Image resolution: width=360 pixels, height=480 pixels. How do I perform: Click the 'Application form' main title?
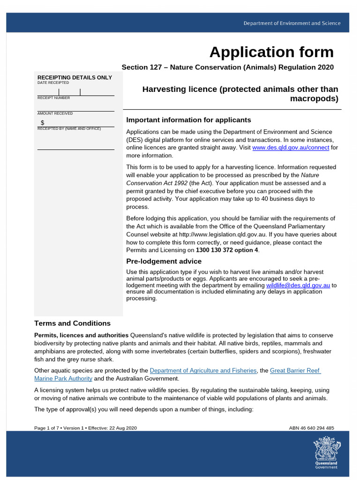271,52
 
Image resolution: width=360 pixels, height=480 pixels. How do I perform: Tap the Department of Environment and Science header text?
292,23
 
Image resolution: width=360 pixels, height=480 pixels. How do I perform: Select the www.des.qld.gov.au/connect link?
291,148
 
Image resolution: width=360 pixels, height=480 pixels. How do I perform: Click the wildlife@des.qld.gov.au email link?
298,285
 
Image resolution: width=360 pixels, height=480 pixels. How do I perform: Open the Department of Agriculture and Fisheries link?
203,370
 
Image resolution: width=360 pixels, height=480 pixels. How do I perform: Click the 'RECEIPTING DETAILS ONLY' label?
75,77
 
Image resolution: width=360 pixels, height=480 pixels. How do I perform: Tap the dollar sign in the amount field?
43,122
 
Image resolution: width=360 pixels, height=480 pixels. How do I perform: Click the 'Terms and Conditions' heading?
72,323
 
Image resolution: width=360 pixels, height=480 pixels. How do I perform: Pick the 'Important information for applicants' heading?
188,120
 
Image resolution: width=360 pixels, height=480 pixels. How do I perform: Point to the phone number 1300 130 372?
217,250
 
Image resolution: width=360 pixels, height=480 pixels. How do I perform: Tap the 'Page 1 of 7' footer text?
49,428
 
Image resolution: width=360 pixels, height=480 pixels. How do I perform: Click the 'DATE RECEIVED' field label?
53,82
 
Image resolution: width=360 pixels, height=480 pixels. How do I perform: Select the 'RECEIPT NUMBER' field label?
53,98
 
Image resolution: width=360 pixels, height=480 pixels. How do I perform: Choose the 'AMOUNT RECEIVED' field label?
55,113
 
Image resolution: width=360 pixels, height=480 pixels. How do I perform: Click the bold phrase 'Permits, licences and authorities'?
81,335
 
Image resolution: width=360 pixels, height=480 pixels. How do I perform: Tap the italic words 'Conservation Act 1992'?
156,183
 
